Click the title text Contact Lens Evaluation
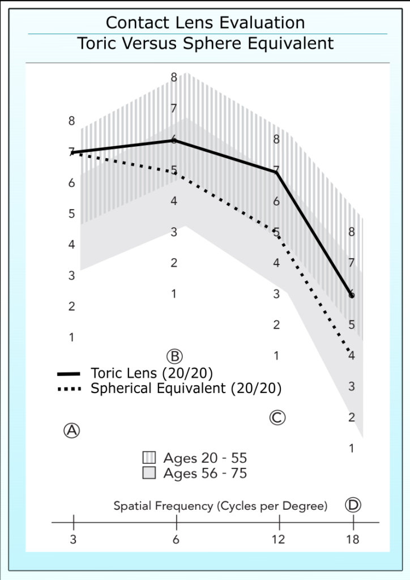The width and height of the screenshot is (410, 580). [205, 23]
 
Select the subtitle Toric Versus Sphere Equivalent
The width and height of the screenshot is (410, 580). [205, 44]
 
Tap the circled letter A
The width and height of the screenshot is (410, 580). [71, 430]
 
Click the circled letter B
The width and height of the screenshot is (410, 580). [174, 356]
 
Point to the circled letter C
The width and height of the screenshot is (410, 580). [276, 417]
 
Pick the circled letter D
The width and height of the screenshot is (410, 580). [353, 505]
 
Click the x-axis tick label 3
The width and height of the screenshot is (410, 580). [73, 539]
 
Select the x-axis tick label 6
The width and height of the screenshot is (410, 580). [176, 539]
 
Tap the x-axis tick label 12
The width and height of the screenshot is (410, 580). [278, 539]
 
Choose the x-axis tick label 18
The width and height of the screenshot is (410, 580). [353, 539]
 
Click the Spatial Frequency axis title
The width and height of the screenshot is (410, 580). [221, 505]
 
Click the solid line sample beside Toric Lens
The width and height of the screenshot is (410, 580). [70, 374]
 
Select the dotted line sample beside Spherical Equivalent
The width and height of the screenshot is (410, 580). [70, 389]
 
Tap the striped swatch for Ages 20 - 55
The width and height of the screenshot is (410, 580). [149, 458]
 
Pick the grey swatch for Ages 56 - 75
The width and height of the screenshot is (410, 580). [149, 473]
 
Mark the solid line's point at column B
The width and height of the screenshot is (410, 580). [174, 139]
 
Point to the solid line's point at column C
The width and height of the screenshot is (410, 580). [277, 172]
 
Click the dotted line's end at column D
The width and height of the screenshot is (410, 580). [352, 354]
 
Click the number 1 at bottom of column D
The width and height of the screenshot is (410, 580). [352, 448]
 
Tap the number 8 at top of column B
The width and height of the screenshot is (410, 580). [174, 78]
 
